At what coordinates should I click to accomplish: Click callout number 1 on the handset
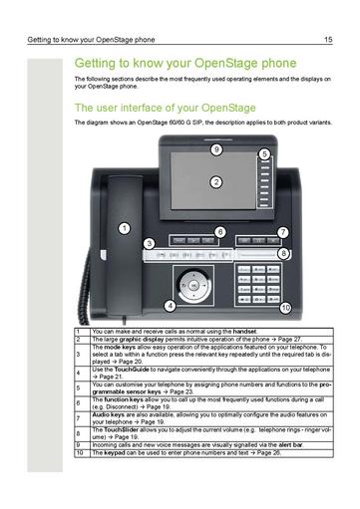tap(125, 228)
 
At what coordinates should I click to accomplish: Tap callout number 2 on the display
tap(216, 182)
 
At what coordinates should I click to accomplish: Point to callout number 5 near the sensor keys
tap(264, 154)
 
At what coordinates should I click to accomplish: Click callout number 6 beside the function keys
tap(220, 231)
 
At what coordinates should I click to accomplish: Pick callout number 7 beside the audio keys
tap(283, 232)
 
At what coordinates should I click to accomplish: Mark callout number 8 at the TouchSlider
tap(284, 254)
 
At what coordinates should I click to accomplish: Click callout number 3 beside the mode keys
tap(149, 243)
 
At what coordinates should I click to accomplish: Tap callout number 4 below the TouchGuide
tap(171, 304)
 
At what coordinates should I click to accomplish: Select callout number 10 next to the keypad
tap(285, 308)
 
